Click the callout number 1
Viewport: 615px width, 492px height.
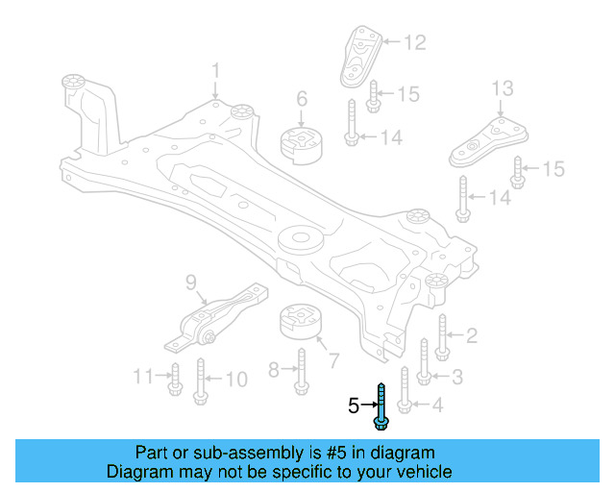[x=216, y=70]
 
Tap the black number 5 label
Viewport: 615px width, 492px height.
[x=354, y=406]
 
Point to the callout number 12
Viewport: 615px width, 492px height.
[x=414, y=42]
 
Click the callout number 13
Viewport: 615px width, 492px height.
[x=504, y=89]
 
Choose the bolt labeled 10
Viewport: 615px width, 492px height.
[x=200, y=379]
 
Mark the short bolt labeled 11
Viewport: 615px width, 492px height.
[x=176, y=380]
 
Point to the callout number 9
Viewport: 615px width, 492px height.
[x=190, y=283]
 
